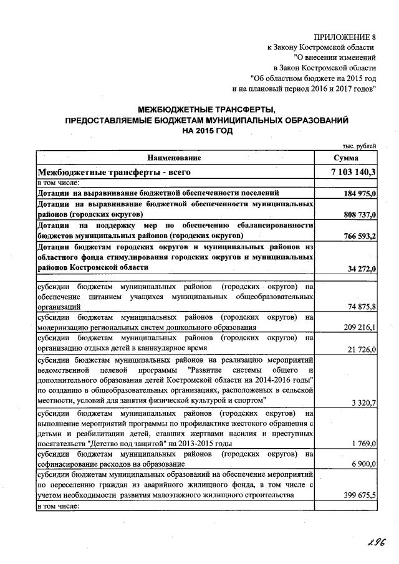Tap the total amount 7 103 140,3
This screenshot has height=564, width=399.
[x=353, y=171]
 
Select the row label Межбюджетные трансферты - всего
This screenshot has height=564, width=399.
[x=113, y=171]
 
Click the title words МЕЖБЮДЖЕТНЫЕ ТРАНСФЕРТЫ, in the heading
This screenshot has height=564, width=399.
[x=206, y=110]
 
